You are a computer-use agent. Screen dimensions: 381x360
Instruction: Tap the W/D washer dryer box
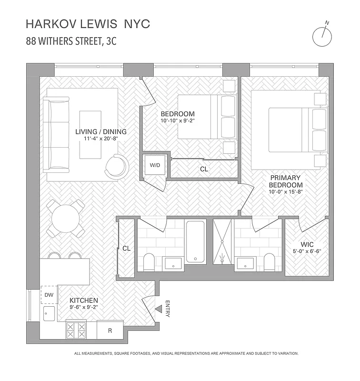point(154,166)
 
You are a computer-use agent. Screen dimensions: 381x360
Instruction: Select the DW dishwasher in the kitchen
point(49,295)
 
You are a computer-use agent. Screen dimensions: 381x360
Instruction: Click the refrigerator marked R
point(110,330)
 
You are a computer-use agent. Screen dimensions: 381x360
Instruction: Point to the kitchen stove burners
point(76,330)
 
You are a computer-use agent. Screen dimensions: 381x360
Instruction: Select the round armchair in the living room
point(117,167)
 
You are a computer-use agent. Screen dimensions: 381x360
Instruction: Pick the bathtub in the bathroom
point(196,241)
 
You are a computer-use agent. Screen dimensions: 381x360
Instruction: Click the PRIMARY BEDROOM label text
point(285,181)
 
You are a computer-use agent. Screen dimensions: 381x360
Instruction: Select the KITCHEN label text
point(84,301)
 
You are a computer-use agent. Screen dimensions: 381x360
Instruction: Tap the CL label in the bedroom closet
point(204,169)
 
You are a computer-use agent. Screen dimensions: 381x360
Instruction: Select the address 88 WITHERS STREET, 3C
point(71,41)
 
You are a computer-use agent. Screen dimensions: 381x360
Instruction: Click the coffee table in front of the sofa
point(90,135)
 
